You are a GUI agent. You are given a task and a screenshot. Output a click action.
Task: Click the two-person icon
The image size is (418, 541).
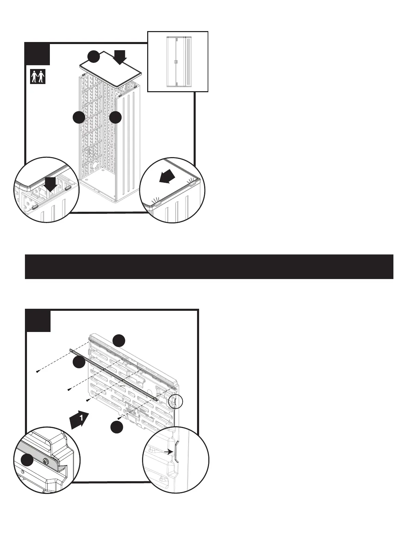(x=38, y=77)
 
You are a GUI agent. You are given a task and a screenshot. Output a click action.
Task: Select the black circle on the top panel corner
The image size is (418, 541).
(x=93, y=57)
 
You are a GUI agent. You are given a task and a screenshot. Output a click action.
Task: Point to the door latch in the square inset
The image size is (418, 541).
(x=176, y=62)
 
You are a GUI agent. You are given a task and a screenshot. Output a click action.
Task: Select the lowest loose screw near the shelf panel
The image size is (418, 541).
(x=119, y=418)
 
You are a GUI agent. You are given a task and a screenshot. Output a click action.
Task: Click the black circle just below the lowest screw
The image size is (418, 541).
(x=117, y=427)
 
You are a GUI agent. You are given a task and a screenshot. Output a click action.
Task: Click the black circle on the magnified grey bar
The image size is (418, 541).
(x=27, y=460)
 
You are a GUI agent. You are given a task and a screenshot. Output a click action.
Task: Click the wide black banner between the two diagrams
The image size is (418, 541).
(x=209, y=266)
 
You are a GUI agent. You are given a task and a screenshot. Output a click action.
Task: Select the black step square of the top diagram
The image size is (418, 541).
(x=38, y=54)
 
